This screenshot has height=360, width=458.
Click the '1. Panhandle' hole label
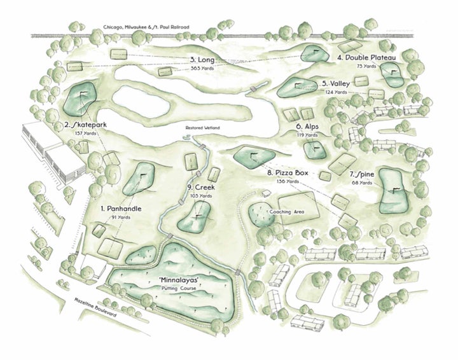click(120, 209)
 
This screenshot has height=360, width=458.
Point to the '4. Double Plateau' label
click(366, 57)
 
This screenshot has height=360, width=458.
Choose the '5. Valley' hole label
click(333, 83)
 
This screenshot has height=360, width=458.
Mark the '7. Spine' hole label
click(360, 174)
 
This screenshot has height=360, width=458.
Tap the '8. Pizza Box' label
click(288, 172)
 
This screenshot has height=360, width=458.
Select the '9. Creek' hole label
click(200, 188)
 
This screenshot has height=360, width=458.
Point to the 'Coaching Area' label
click(288, 212)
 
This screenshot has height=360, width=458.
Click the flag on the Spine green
click(396, 191)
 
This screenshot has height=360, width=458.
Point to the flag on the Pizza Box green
click(254, 154)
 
